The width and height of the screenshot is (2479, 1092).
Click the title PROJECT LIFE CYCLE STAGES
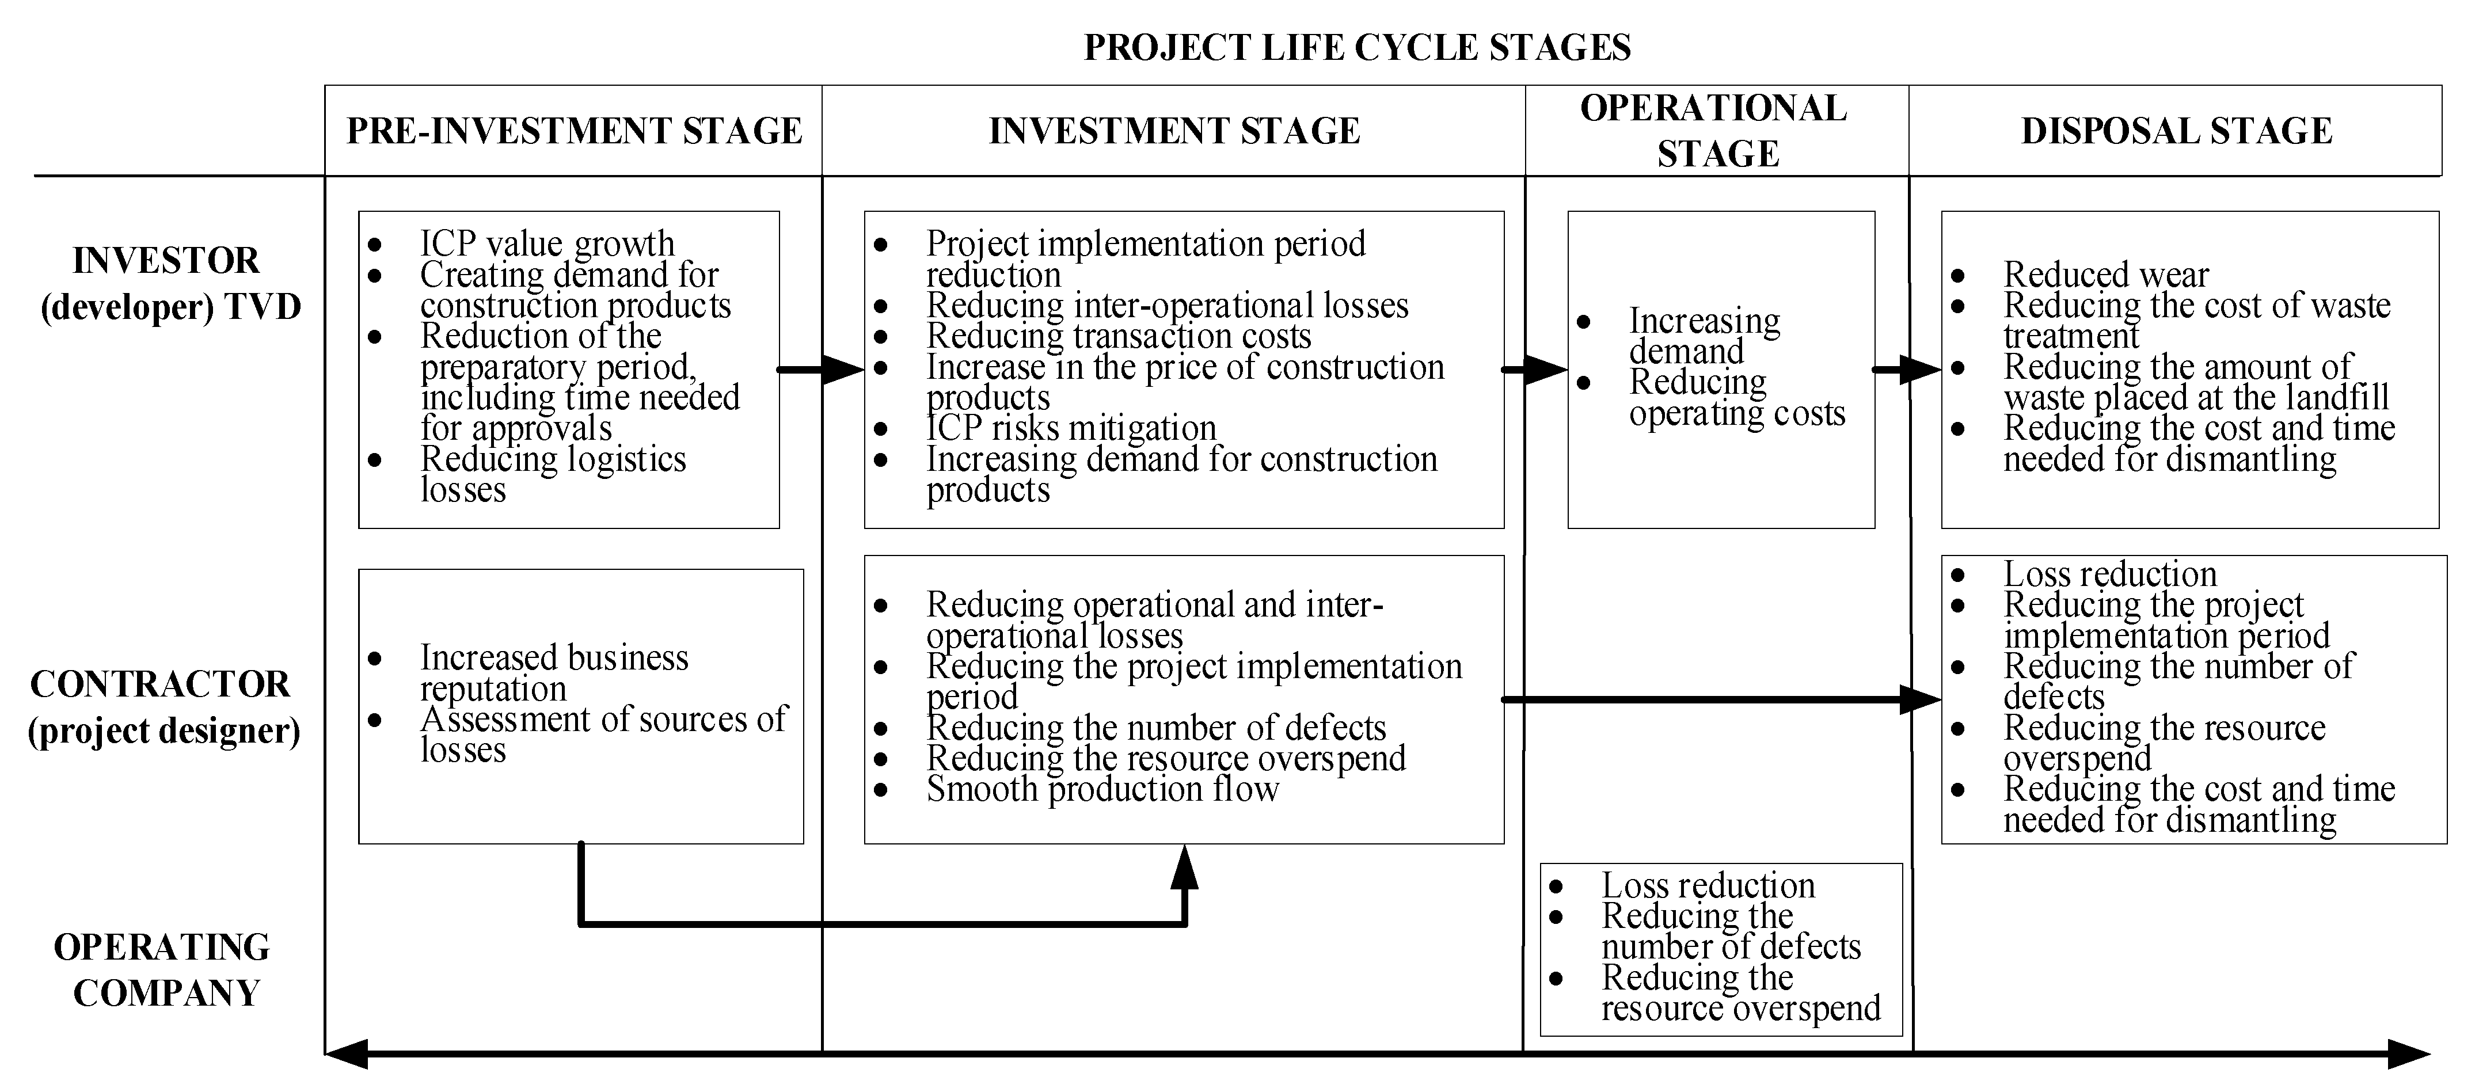1357,47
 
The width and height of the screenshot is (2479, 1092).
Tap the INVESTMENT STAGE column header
1174,131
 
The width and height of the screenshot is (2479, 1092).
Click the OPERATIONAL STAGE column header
1716,131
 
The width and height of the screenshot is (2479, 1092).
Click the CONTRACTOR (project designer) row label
162,707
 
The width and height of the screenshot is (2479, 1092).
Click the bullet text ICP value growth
546,243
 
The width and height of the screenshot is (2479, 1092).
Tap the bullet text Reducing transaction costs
1118,336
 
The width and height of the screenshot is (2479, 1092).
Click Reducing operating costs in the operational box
1736,397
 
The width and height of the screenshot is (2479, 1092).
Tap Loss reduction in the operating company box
1707,885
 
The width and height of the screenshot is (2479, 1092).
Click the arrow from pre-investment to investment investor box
818,370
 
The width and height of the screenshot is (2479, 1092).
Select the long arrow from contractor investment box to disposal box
1713,699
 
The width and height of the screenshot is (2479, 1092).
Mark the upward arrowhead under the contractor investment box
1185,868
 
